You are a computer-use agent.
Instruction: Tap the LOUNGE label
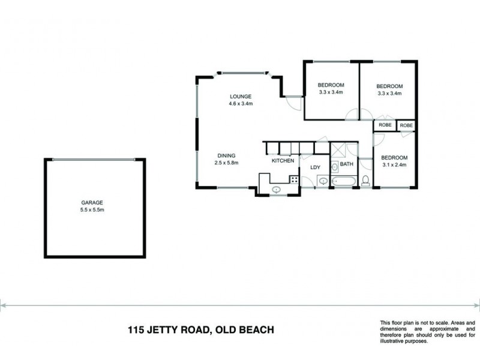[240, 97]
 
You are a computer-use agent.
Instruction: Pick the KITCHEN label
[283, 161]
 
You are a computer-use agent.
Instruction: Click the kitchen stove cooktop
[294, 179]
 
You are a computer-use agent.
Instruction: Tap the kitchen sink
[277, 190]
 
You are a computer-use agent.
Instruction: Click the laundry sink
[322, 180]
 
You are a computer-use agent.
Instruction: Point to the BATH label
[347, 164]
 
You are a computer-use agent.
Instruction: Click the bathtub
[344, 181]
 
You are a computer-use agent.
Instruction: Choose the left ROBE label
[385, 125]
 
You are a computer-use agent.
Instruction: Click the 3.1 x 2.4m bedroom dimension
[395, 164]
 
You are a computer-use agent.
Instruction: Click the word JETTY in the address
[171, 329]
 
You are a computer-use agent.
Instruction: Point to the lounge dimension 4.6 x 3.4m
[240, 104]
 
